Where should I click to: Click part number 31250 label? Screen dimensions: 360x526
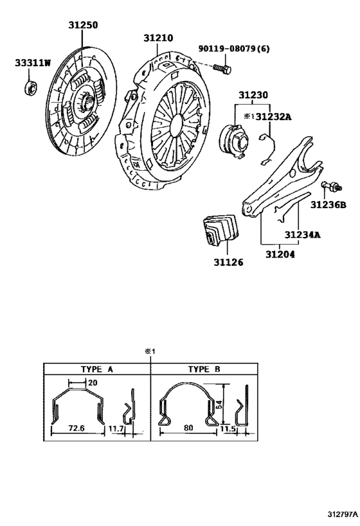click(83, 25)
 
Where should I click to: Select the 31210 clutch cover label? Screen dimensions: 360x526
click(158, 39)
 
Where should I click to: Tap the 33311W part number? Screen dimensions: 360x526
click(33, 63)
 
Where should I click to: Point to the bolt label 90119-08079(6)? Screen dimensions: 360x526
click(234, 49)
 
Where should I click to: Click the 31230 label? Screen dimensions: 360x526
click(253, 95)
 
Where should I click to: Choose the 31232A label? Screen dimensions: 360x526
click(273, 117)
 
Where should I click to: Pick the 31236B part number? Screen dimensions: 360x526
click(328, 205)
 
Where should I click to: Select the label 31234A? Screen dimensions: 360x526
click(302, 235)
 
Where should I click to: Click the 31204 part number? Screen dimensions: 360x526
click(280, 254)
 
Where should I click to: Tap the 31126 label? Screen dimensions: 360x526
click(228, 262)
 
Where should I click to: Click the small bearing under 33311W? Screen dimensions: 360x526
click(31, 88)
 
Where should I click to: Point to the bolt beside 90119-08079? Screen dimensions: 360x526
click(222, 69)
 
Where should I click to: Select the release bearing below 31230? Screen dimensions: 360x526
click(235, 140)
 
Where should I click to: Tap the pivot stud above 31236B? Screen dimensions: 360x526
click(332, 186)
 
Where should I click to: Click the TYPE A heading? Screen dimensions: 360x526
click(96, 369)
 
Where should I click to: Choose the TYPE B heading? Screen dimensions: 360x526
click(204, 369)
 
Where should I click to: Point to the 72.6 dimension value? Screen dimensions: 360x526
click(76, 428)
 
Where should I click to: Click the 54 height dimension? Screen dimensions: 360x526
click(219, 405)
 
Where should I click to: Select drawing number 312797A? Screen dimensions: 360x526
click(342, 514)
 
